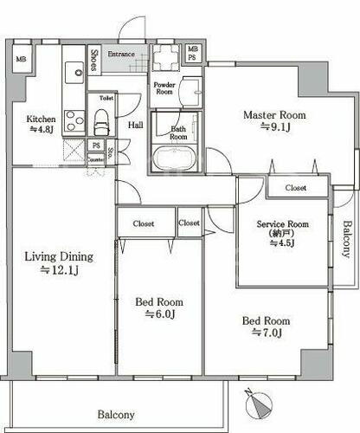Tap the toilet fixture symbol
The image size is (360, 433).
pos(102,122)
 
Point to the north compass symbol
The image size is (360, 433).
pos(259,404)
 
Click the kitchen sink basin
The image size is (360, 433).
pos(74,73)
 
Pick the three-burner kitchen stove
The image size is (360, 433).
pos(74,121)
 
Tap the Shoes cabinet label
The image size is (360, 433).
pos(94,61)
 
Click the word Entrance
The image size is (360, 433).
pos(121,54)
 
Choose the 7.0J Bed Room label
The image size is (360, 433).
pos(266,327)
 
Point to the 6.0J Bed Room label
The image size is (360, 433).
pos(159,308)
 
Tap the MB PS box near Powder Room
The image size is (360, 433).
pos(193,53)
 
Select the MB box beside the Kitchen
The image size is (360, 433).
pos(22,59)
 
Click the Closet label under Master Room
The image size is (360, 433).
pos(296,188)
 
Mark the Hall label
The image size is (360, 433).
pos(136,125)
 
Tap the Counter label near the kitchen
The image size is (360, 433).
pos(95,159)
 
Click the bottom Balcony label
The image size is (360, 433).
pos(116,415)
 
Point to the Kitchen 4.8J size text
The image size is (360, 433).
pos(42,129)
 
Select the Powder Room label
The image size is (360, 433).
pos(164,88)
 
